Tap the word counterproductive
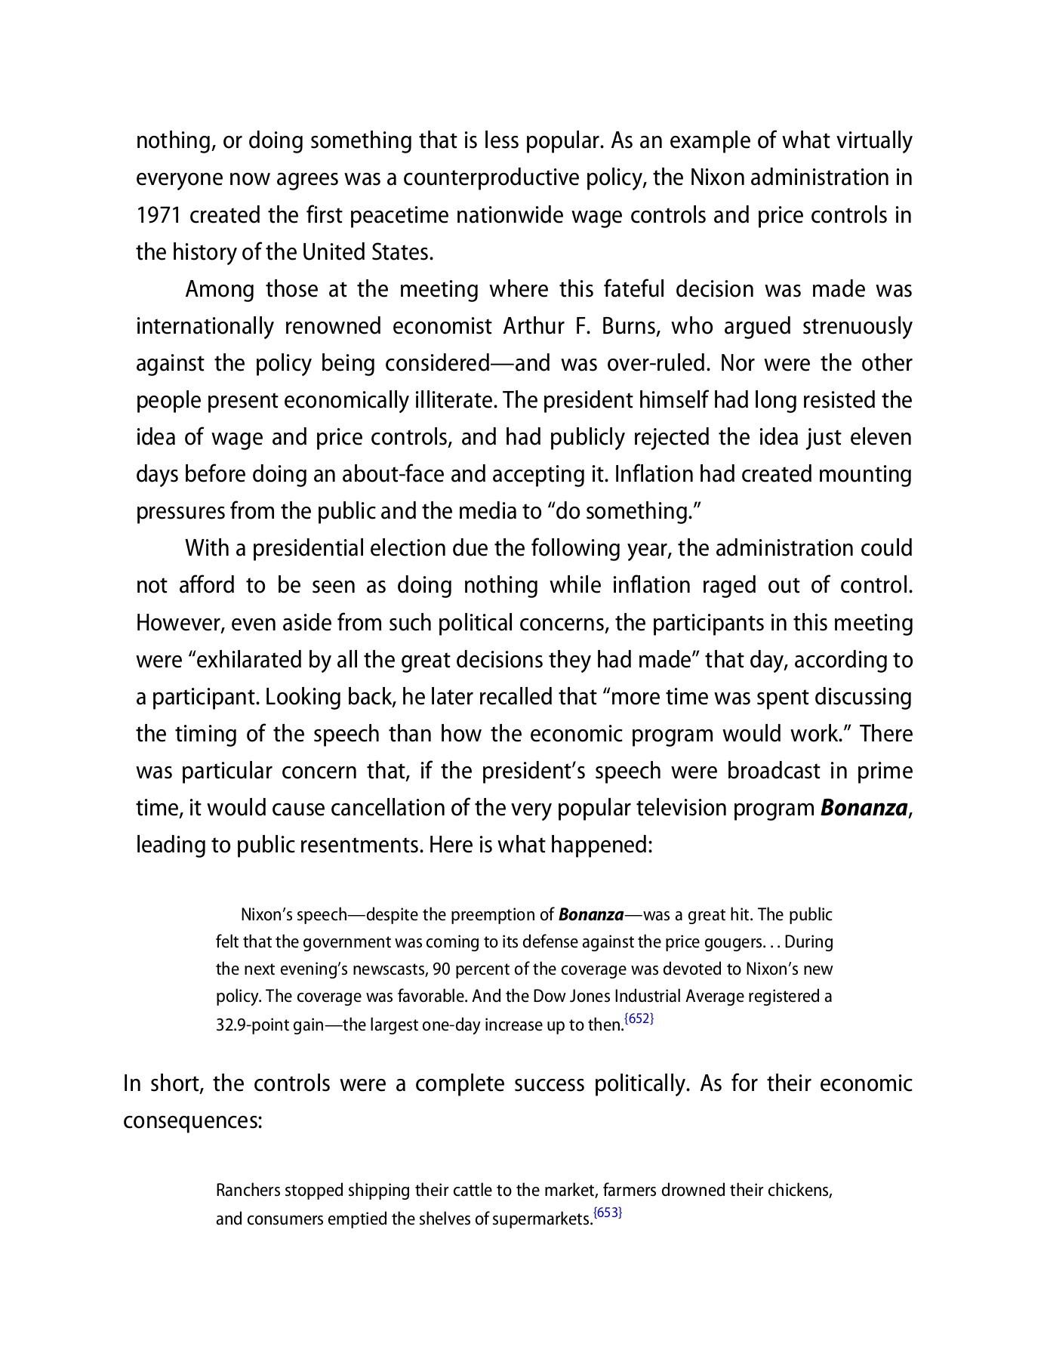(491, 178)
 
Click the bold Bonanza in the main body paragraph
(864, 808)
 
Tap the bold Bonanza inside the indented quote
(590, 915)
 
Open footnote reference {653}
(608, 1213)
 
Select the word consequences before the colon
(192, 1120)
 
